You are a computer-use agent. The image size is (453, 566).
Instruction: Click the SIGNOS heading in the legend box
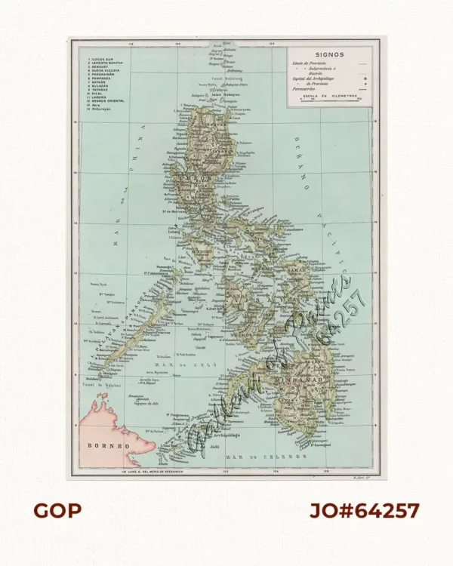click(331, 54)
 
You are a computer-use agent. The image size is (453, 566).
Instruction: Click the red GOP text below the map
click(57, 511)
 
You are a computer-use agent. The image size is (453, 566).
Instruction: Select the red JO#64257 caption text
click(365, 511)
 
